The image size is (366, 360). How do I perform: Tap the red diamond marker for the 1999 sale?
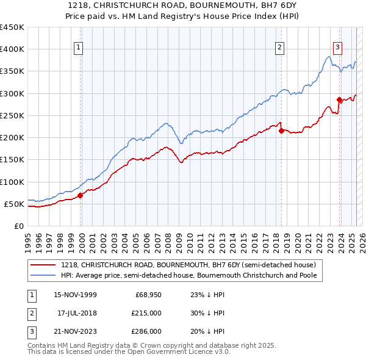click(80, 196)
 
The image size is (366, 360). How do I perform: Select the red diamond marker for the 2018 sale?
click(281, 130)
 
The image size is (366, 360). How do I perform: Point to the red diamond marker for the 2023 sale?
click(339, 99)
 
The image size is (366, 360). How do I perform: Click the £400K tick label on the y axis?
click(12, 49)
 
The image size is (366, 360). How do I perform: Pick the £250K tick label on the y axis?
click(12, 115)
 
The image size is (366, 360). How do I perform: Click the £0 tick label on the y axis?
click(18, 226)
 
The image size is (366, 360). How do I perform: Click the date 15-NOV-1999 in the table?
click(74, 295)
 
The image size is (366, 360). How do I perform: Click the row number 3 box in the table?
click(30, 331)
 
